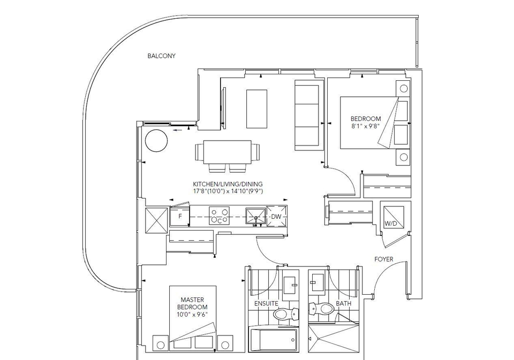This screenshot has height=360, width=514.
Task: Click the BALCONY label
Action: [161, 56]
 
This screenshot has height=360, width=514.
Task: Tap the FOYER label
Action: [383, 259]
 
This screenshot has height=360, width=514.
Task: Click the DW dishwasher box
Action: [277, 216]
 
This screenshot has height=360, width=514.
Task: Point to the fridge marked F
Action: [180, 216]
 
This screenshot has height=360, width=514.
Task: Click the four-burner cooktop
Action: [220, 216]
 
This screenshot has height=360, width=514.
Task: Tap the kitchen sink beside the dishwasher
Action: [256, 216]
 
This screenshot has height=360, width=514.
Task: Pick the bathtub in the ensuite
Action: [274, 339]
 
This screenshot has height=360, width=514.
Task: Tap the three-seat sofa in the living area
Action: [307, 116]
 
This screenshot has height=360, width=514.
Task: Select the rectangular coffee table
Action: [256, 109]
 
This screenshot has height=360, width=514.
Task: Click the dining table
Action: [228, 152]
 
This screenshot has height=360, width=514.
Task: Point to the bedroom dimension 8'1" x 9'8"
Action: [366, 126]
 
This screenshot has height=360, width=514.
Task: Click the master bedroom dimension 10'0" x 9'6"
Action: [192, 315]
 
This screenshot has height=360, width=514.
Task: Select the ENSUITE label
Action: [266, 304]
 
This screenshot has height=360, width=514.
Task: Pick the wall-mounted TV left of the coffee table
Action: [223, 108]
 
